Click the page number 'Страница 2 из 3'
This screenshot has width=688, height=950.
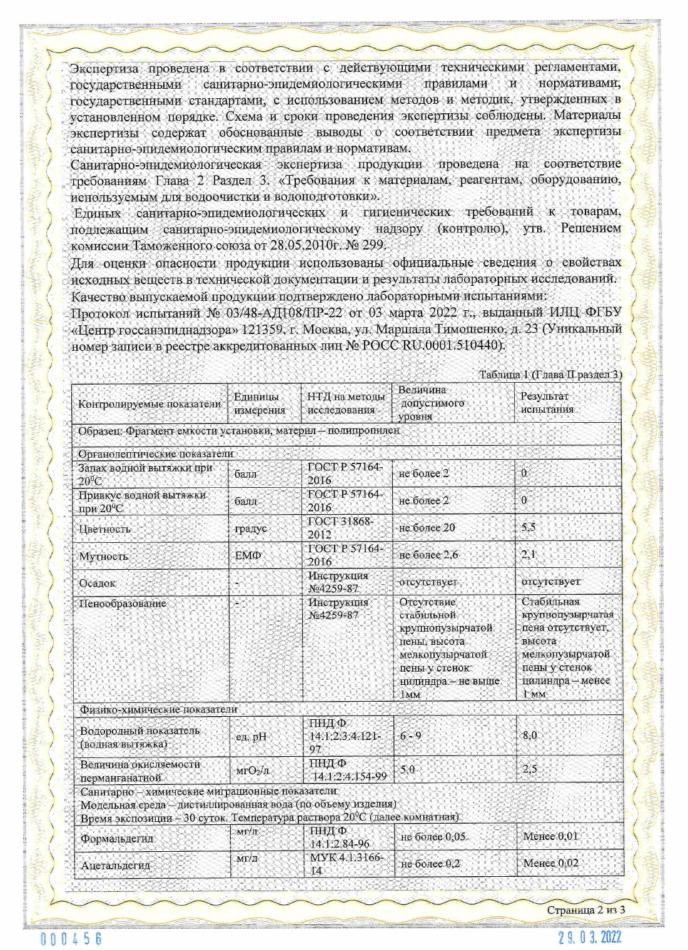click(585, 909)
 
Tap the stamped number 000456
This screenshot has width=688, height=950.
click(72, 939)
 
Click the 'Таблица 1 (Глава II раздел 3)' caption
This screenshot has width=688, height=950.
click(550, 375)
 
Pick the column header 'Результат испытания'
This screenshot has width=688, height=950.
click(547, 403)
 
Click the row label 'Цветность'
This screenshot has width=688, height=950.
click(104, 529)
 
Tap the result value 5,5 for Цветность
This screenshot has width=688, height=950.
click(529, 527)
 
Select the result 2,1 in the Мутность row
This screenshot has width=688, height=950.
click(529, 554)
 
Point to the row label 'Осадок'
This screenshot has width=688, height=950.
click(97, 583)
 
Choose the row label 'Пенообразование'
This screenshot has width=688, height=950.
click(123, 604)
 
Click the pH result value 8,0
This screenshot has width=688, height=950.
click(530, 735)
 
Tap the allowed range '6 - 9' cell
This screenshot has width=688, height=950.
click(411, 735)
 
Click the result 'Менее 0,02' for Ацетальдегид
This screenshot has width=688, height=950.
click(550, 863)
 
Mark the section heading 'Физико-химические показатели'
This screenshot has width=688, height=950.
click(158, 709)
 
